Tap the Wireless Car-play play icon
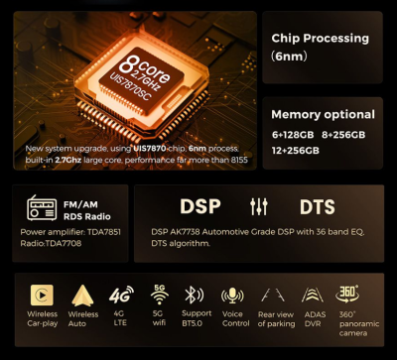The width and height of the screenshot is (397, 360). (42, 296)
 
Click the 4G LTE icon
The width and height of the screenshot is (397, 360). (121, 295)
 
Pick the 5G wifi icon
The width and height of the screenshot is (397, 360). (156, 295)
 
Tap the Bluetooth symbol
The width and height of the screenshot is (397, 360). (194, 296)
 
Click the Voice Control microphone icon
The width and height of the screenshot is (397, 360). (233, 296)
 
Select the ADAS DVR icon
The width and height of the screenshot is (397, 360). (313, 296)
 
